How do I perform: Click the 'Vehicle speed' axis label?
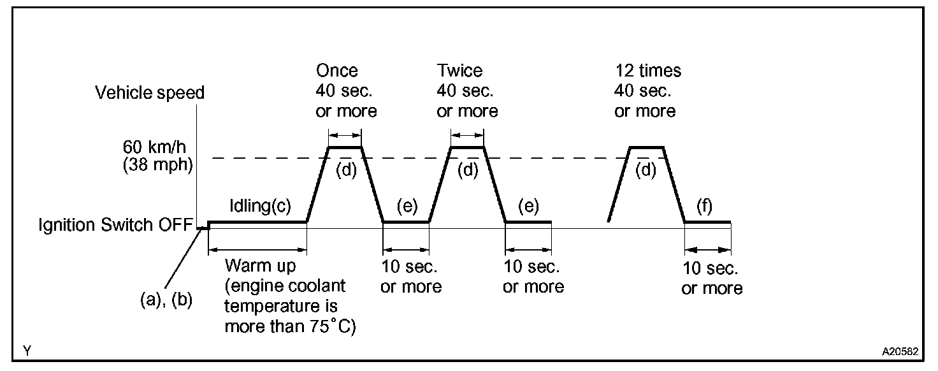tap(150, 93)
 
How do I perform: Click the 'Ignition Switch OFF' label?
tap(115, 226)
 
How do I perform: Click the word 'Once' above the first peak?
tap(336, 70)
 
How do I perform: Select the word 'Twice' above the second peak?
tap(459, 70)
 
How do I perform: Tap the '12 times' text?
tap(647, 70)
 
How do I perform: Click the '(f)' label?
tap(704, 207)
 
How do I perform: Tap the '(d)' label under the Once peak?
tap(345, 171)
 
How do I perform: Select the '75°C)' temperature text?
tap(331, 327)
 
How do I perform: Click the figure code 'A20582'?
tap(900, 351)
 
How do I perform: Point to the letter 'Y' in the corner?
tap(26, 351)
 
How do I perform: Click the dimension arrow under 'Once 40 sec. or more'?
tap(345, 135)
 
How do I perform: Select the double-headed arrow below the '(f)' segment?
tap(707, 250)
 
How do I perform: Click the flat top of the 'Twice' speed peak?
tap(467, 147)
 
